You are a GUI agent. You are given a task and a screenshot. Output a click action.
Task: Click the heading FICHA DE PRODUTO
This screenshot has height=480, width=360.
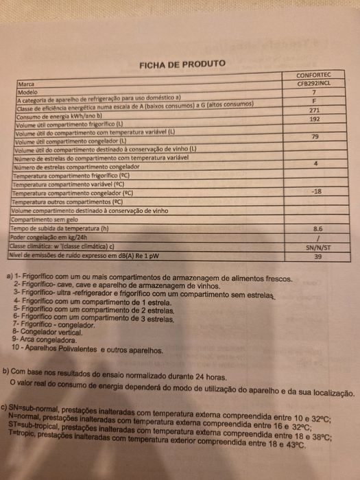pos(182,64)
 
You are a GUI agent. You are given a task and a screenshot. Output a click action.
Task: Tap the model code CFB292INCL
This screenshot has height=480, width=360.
pos(313,83)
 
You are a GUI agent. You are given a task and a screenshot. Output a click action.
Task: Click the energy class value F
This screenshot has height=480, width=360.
pos(313,101)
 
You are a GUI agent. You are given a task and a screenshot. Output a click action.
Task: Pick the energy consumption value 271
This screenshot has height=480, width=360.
pos(314,110)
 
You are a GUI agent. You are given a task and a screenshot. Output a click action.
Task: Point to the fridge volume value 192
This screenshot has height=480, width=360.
pos(315,119)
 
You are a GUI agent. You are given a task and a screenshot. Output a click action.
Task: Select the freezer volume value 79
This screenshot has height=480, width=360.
pos(315,137)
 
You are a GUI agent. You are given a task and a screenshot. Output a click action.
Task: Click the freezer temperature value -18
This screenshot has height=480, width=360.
pos(316,192)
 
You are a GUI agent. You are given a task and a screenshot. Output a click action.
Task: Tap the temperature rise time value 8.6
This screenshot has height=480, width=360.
pos(317,228)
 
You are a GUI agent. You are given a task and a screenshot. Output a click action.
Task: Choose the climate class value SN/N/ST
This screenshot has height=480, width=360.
pos(317,246)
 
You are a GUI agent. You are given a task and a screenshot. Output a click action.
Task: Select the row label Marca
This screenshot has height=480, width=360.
pos(27,84)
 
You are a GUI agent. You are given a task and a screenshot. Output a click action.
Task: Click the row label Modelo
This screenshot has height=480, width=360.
pos(28,91)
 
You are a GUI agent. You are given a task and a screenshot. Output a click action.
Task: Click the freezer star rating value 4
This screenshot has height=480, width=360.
pos(315,164)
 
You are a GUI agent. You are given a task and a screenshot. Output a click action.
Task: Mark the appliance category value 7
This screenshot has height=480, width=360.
pos(313,92)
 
